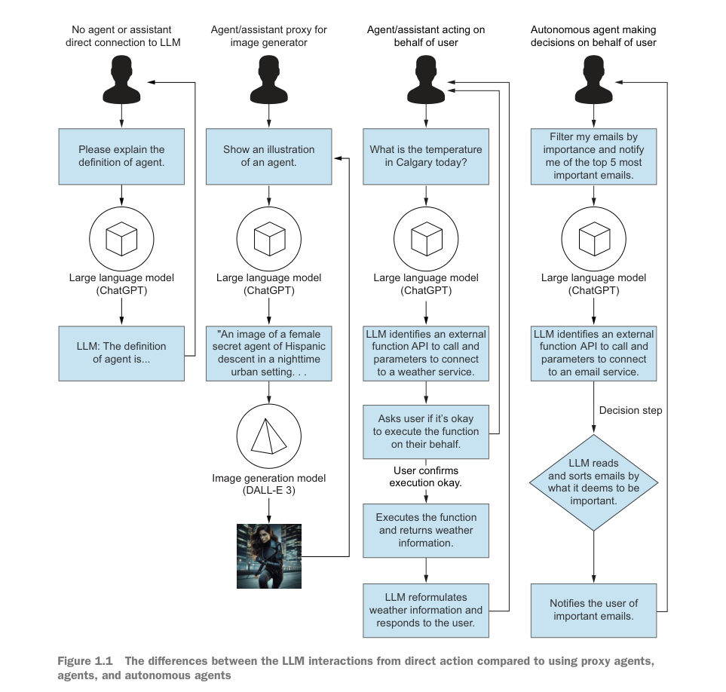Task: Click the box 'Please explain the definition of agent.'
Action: (x=121, y=156)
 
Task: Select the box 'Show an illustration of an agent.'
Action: (x=269, y=156)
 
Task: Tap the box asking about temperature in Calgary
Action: (x=426, y=156)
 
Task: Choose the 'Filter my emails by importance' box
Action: (x=593, y=156)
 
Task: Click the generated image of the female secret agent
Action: (x=269, y=556)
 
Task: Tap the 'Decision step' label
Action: (x=630, y=411)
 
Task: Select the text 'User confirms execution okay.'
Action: (x=426, y=476)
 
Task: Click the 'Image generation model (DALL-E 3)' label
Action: (x=269, y=484)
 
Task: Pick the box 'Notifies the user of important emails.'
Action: (x=593, y=609)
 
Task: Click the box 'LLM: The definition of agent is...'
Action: (x=121, y=353)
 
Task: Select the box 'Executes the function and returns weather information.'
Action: (x=426, y=530)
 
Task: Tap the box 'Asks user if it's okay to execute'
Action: (x=426, y=431)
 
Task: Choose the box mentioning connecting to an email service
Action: (x=593, y=353)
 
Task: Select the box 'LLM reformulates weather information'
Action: (x=426, y=609)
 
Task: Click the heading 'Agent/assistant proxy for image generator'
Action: (x=269, y=36)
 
